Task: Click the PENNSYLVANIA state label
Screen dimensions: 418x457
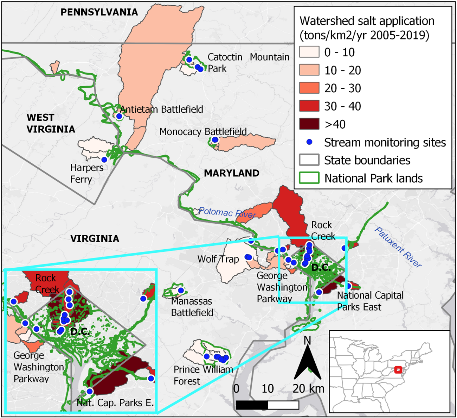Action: click(99, 12)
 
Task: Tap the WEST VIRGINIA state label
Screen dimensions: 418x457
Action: click(51, 123)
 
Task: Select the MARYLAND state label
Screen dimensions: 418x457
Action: click(232, 173)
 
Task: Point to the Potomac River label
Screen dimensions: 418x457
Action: click(227, 213)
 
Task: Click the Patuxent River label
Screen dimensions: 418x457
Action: click(398, 247)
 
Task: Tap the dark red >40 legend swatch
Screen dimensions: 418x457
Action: click(309, 124)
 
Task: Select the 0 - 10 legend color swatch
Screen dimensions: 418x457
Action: click(309, 52)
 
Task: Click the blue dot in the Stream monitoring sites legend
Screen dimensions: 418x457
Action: click(309, 142)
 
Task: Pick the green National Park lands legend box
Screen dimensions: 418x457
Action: click(309, 178)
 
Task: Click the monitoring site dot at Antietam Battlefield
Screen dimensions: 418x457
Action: click(119, 116)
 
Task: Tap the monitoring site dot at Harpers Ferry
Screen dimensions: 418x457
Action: click(104, 160)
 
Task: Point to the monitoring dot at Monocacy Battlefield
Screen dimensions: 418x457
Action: click(215, 140)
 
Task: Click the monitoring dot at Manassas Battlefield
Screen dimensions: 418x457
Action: click(181, 291)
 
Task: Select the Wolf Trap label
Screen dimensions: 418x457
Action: click(218, 260)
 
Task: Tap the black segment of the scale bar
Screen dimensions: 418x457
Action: click(252, 405)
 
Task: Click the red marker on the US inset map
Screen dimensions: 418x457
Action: click(398, 370)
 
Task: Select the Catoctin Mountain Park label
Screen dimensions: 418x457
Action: click(248, 62)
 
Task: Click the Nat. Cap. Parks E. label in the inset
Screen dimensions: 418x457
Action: click(115, 403)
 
